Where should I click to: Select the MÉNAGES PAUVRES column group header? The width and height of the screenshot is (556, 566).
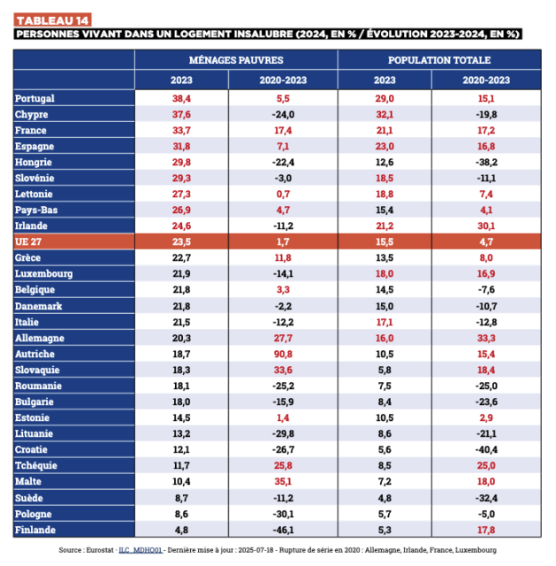point(236,60)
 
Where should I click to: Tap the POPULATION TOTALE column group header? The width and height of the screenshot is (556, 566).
point(439,60)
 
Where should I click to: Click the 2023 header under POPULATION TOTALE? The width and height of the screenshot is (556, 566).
point(385,80)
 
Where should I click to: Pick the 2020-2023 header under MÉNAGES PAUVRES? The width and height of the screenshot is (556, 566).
point(283,80)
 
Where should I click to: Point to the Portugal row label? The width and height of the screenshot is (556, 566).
point(35,98)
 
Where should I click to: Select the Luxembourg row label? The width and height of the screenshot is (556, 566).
point(44,273)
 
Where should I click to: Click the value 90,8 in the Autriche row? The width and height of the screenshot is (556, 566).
point(283,353)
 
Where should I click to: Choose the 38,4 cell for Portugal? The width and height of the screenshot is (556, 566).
point(182,98)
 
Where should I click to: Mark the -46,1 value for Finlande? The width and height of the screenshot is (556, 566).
point(283,530)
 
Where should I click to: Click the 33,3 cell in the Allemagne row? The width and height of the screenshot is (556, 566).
point(486,337)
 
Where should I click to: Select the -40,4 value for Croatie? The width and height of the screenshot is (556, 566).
point(486,449)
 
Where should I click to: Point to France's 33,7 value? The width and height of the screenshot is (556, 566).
point(182,130)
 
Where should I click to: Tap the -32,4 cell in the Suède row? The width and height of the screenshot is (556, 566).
point(486,498)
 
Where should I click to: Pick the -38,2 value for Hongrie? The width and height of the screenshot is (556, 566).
point(486,162)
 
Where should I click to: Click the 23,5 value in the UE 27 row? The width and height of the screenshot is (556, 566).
point(182,241)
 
